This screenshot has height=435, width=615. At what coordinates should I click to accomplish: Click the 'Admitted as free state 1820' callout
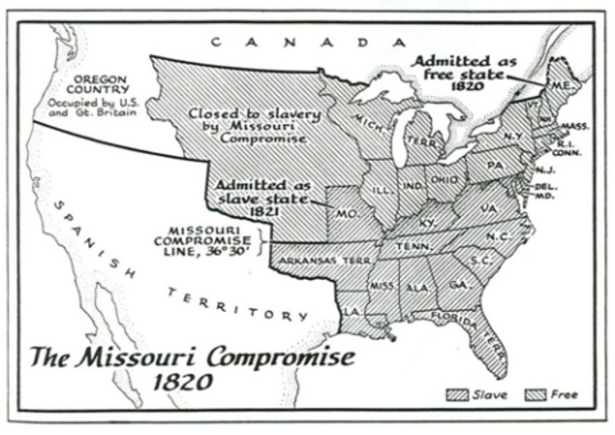pyautogui.click(x=465, y=72)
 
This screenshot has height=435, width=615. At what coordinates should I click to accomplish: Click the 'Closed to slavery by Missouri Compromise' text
pyautogui.click(x=254, y=125)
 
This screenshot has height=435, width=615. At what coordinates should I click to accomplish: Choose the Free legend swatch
pyautogui.click(x=534, y=394)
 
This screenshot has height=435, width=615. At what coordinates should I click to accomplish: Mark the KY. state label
pyautogui.click(x=429, y=221)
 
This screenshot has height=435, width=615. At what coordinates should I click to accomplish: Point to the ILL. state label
pyautogui.click(x=381, y=190)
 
